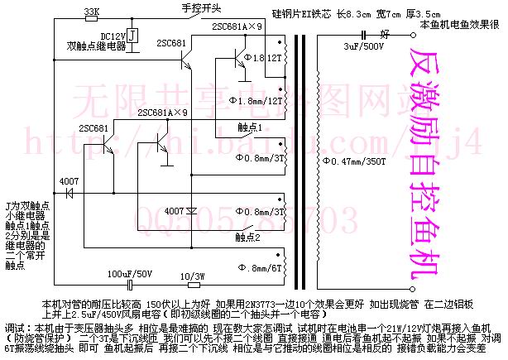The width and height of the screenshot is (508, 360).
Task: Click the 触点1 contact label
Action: click(x=250, y=127)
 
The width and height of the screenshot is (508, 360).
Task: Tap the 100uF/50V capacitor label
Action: click(x=132, y=273)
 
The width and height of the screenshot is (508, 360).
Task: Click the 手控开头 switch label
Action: click(x=201, y=7)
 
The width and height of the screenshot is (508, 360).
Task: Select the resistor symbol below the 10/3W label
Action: click(x=192, y=285)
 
